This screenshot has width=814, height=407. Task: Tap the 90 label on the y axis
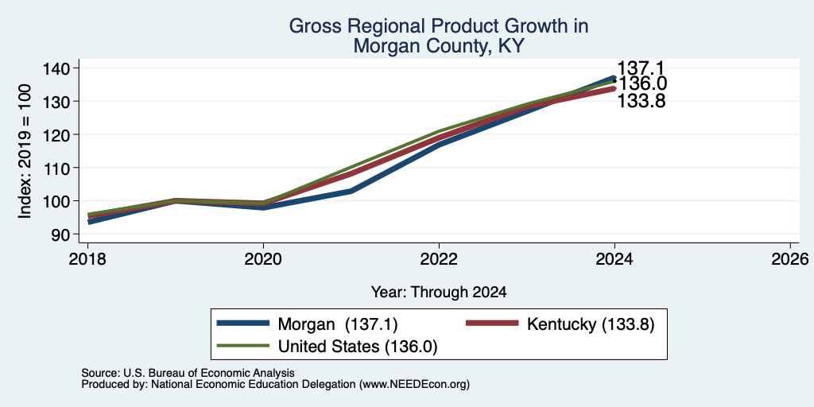coord(60,235)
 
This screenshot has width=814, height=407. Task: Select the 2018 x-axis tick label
coord(87,259)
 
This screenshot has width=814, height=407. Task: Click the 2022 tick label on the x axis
coord(439,259)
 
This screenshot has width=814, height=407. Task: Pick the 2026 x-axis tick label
coord(790,259)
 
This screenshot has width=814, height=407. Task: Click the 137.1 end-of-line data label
coord(641,68)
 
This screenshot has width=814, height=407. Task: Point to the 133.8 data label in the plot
coord(642,101)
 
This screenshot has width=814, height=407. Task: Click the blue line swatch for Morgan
coord(244,324)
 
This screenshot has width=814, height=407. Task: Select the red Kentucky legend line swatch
coord(493,324)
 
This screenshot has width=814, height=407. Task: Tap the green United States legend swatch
coord(244,346)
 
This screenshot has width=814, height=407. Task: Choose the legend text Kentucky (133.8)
coord(591,324)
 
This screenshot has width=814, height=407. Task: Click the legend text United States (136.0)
coord(358,347)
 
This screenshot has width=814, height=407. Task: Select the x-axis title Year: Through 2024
coord(439,293)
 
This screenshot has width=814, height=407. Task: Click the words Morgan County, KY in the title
coord(439,47)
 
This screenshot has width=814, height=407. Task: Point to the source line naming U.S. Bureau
coord(188,373)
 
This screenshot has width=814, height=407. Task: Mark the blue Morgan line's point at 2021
coord(351,191)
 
